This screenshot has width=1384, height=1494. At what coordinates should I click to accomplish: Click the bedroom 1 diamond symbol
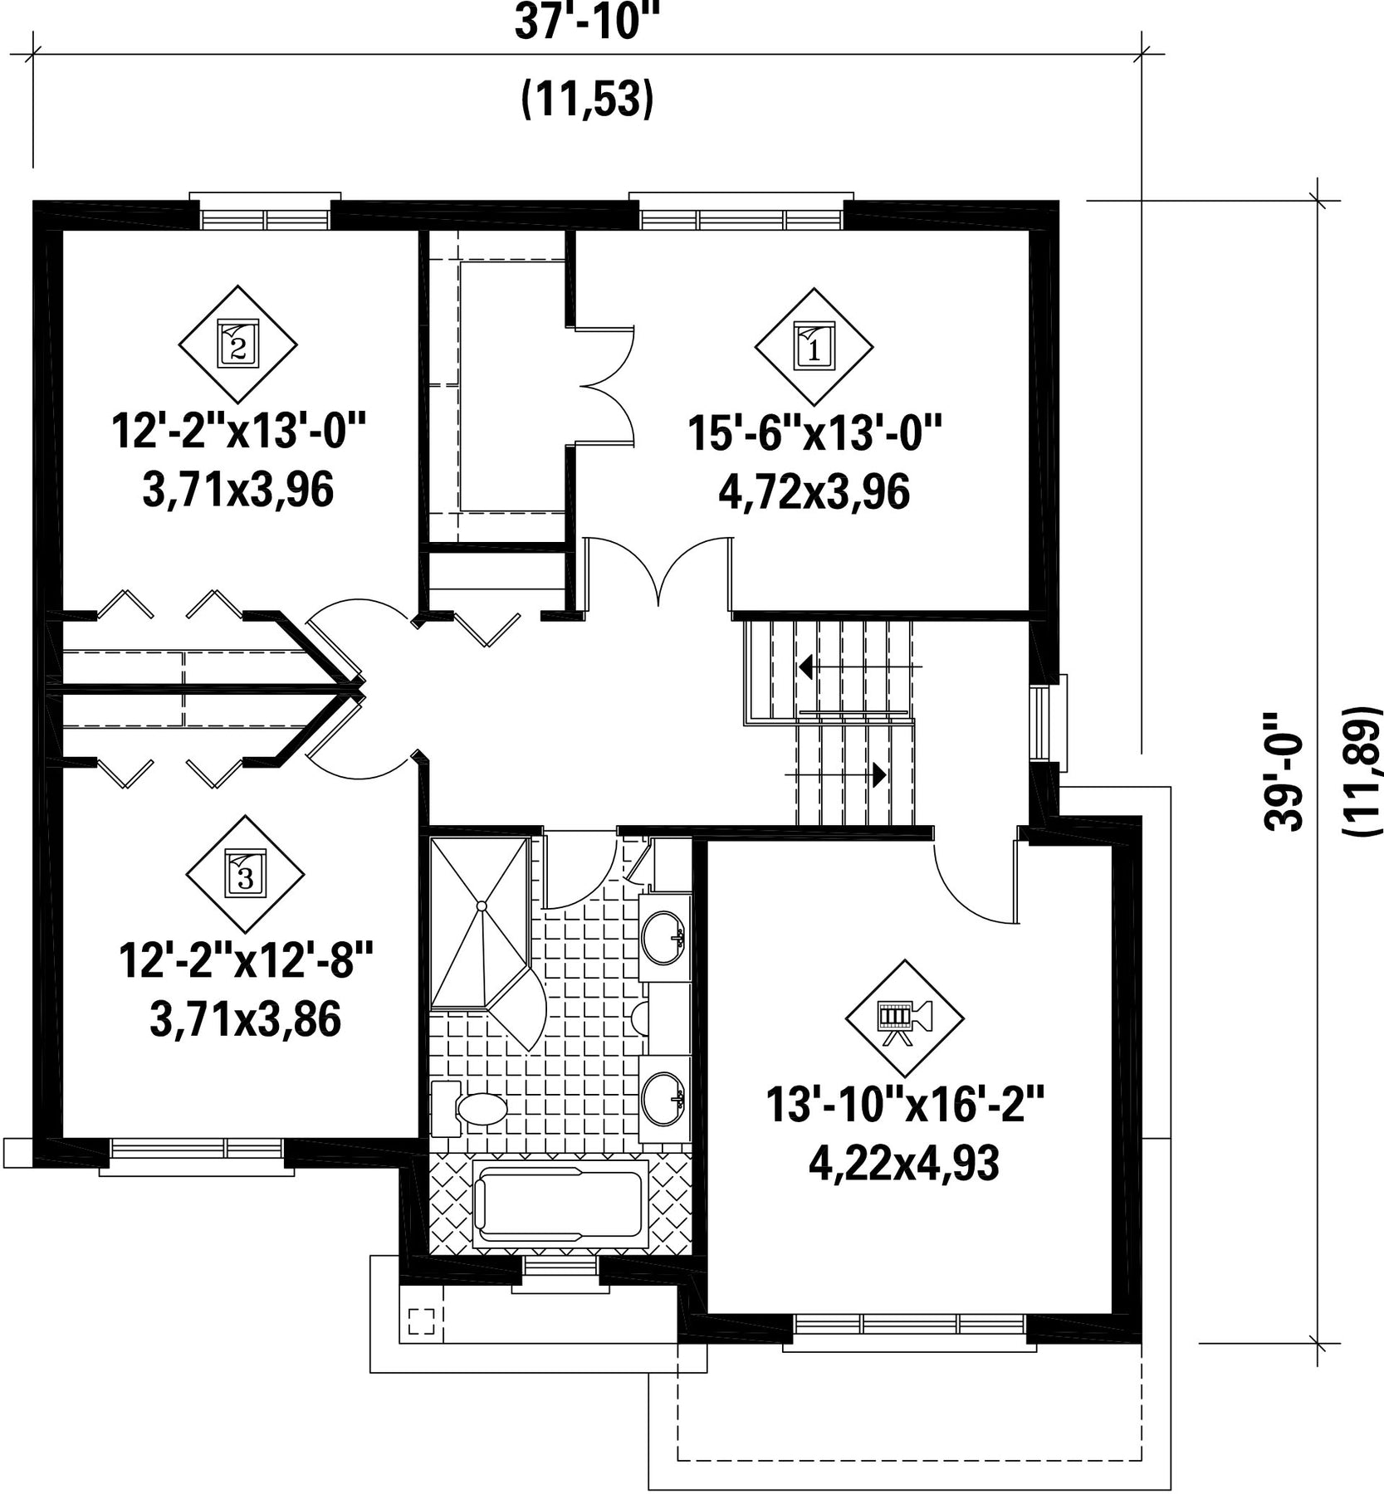(813, 347)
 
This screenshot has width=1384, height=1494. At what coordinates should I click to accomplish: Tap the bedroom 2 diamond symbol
(238, 344)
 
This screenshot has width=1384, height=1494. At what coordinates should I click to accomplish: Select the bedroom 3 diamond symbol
(245, 874)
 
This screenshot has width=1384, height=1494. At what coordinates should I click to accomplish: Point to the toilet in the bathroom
(468, 1109)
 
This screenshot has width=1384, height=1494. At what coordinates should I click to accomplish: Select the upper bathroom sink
(663, 938)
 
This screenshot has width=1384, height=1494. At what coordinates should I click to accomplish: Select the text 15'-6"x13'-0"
(814, 434)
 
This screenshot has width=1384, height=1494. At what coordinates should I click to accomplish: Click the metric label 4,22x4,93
(903, 1164)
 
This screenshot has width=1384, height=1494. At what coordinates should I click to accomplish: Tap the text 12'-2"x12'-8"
(247, 962)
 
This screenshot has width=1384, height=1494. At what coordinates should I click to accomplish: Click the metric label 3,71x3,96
(238, 491)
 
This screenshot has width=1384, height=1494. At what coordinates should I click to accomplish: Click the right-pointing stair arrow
(836, 774)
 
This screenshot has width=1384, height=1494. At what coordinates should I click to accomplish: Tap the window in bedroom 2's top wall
(266, 218)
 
